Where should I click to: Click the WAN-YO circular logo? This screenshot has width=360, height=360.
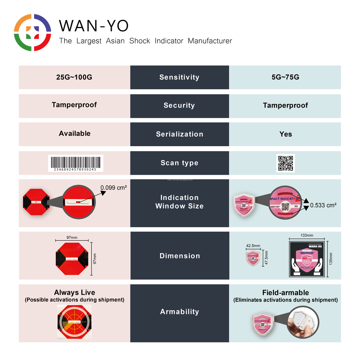click(32, 32)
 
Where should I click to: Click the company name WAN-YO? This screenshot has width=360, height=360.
click(94, 26)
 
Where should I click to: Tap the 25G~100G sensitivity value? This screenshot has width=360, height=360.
click(74, 78)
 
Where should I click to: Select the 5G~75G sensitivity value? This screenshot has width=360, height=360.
click(285, 78)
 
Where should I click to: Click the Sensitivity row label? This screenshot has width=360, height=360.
click(179, 77)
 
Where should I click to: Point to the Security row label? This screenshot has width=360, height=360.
click(179, 105)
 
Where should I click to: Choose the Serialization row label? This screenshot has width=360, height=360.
click(179, 134)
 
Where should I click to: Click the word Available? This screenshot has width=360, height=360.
click(75, 133)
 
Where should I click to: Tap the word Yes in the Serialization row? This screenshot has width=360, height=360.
click(285, 134)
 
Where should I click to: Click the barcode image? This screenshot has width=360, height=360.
click(75, 163)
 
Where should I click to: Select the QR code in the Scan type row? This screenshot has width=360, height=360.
click(286, 163)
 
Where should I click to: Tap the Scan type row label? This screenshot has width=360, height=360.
click(179, 163)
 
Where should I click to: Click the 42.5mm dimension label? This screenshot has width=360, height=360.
click(253, 246)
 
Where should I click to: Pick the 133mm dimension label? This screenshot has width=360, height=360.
click(307, 235)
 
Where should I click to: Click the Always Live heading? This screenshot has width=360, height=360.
click(75, 292)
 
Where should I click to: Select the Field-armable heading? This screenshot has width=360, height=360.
click(285, 292)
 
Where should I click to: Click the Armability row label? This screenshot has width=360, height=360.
click(179, 312)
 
